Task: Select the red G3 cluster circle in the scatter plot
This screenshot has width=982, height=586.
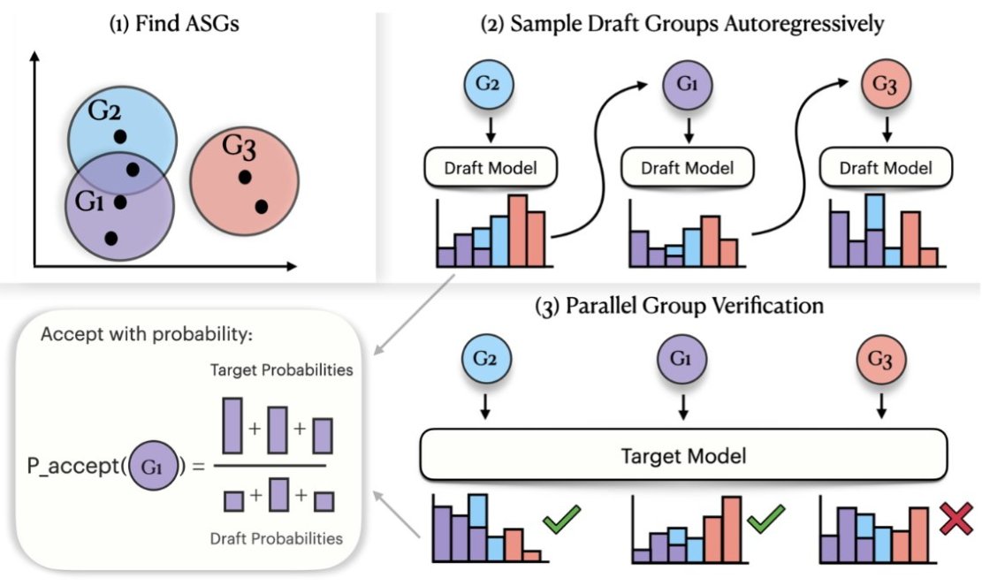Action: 246,181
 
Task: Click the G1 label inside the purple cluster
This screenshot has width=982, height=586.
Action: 90,202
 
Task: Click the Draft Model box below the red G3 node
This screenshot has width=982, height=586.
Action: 881,167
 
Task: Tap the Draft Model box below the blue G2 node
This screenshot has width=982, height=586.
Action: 488,167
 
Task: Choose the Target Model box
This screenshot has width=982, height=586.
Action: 684,457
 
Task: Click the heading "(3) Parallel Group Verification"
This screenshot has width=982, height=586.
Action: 680,307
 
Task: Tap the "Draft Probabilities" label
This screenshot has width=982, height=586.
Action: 275,537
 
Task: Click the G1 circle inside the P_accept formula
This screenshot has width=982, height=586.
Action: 149,466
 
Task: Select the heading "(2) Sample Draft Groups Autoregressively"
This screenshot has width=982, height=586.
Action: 681,25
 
